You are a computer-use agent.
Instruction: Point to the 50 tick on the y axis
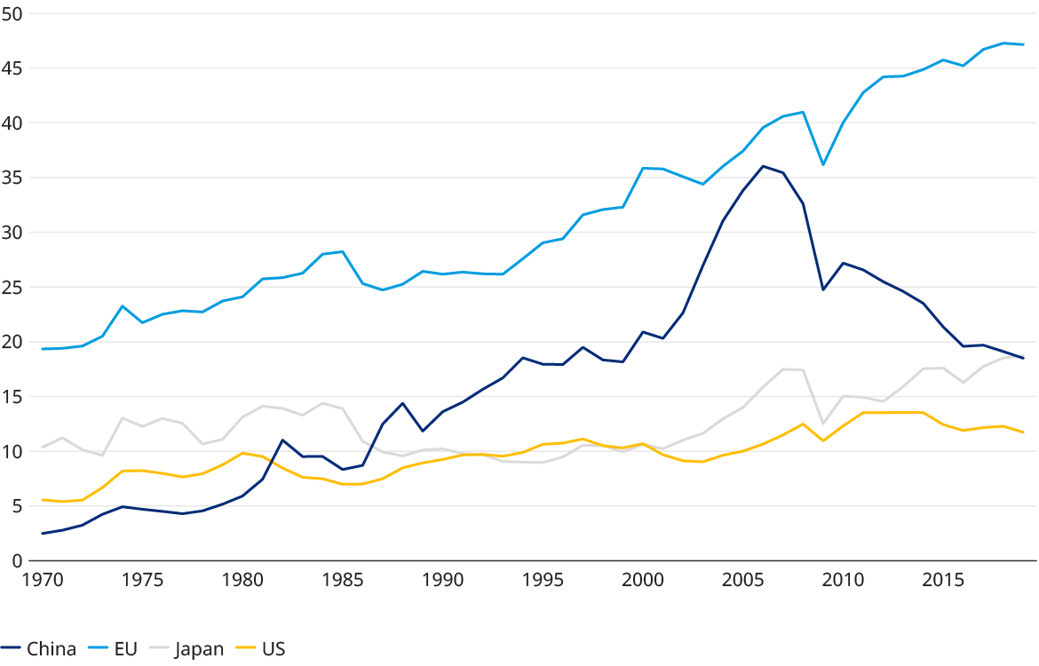12,14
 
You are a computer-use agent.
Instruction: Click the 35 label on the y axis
12,178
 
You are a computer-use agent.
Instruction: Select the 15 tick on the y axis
12,396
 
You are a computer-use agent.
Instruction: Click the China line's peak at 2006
763,166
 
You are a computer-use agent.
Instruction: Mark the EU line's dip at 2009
823,165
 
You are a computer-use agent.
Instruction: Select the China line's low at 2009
823,289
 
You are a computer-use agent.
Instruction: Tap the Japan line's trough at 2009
823,424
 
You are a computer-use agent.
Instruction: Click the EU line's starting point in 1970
43,349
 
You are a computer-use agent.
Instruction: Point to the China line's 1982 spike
282,440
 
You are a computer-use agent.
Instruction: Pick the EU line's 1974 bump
123,305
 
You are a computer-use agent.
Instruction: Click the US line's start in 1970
43,500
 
